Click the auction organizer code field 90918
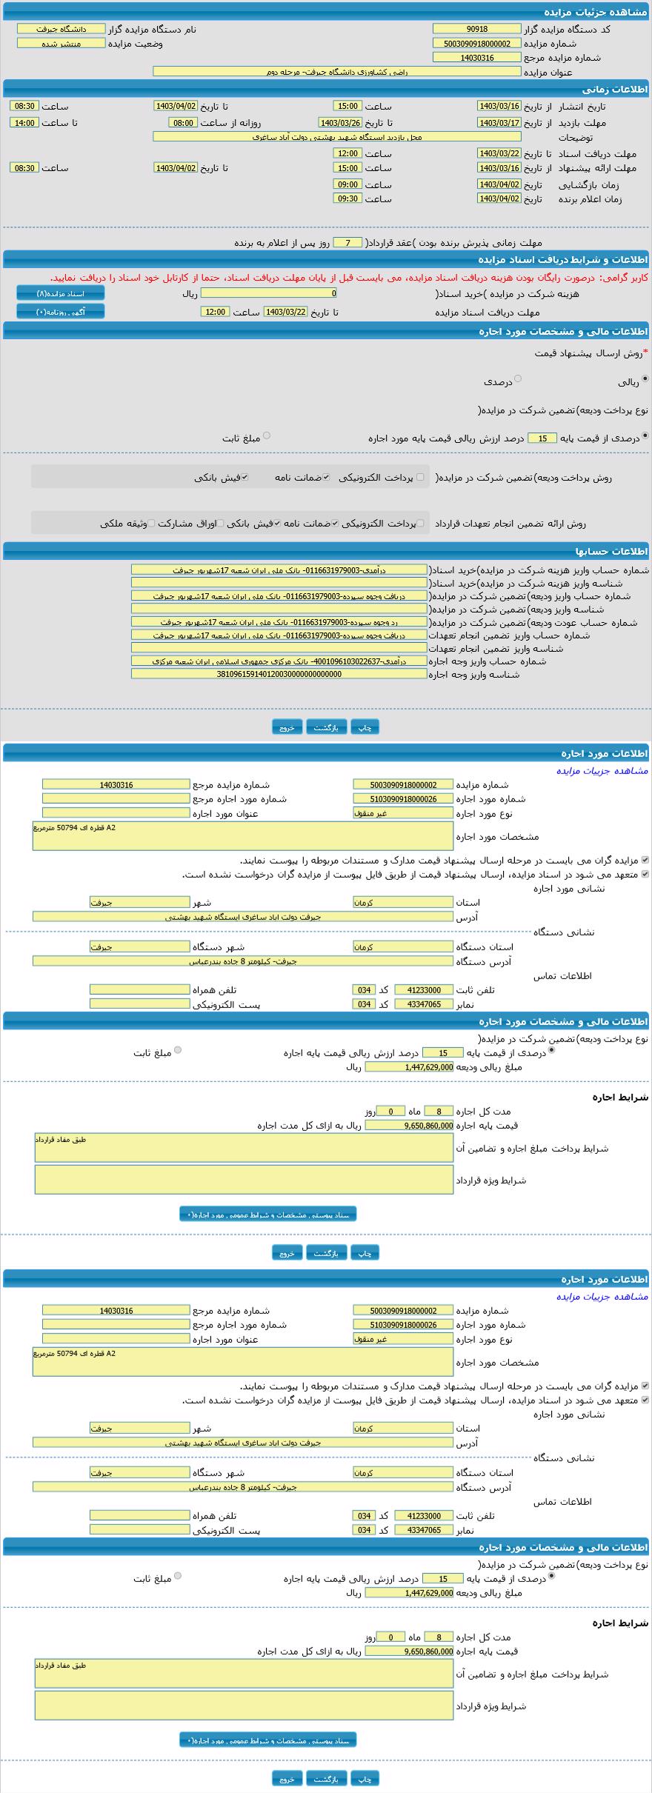[x=476, y=29]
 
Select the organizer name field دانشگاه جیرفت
[x=61, y=29]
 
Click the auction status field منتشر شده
[x=61, y=43]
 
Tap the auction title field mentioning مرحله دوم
[x=336, y=72]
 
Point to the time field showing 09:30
[x=347, y=198]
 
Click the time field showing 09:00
[x=347, y=184]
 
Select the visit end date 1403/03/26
[x=340, y=123]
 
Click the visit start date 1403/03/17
[x=499, y=123]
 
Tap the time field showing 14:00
[x=24, y=123]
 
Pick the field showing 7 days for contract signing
[x=347, y=243]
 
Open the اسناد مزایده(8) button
[x=61, y=293]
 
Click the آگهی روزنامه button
[x=61, y=312]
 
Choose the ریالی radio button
[x=645, y=378]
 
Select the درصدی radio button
[x=518, y=378]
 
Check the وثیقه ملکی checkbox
[x=151, y=524]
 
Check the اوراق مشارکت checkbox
[x=220, y=524]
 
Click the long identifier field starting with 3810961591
[x=279, y=674]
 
